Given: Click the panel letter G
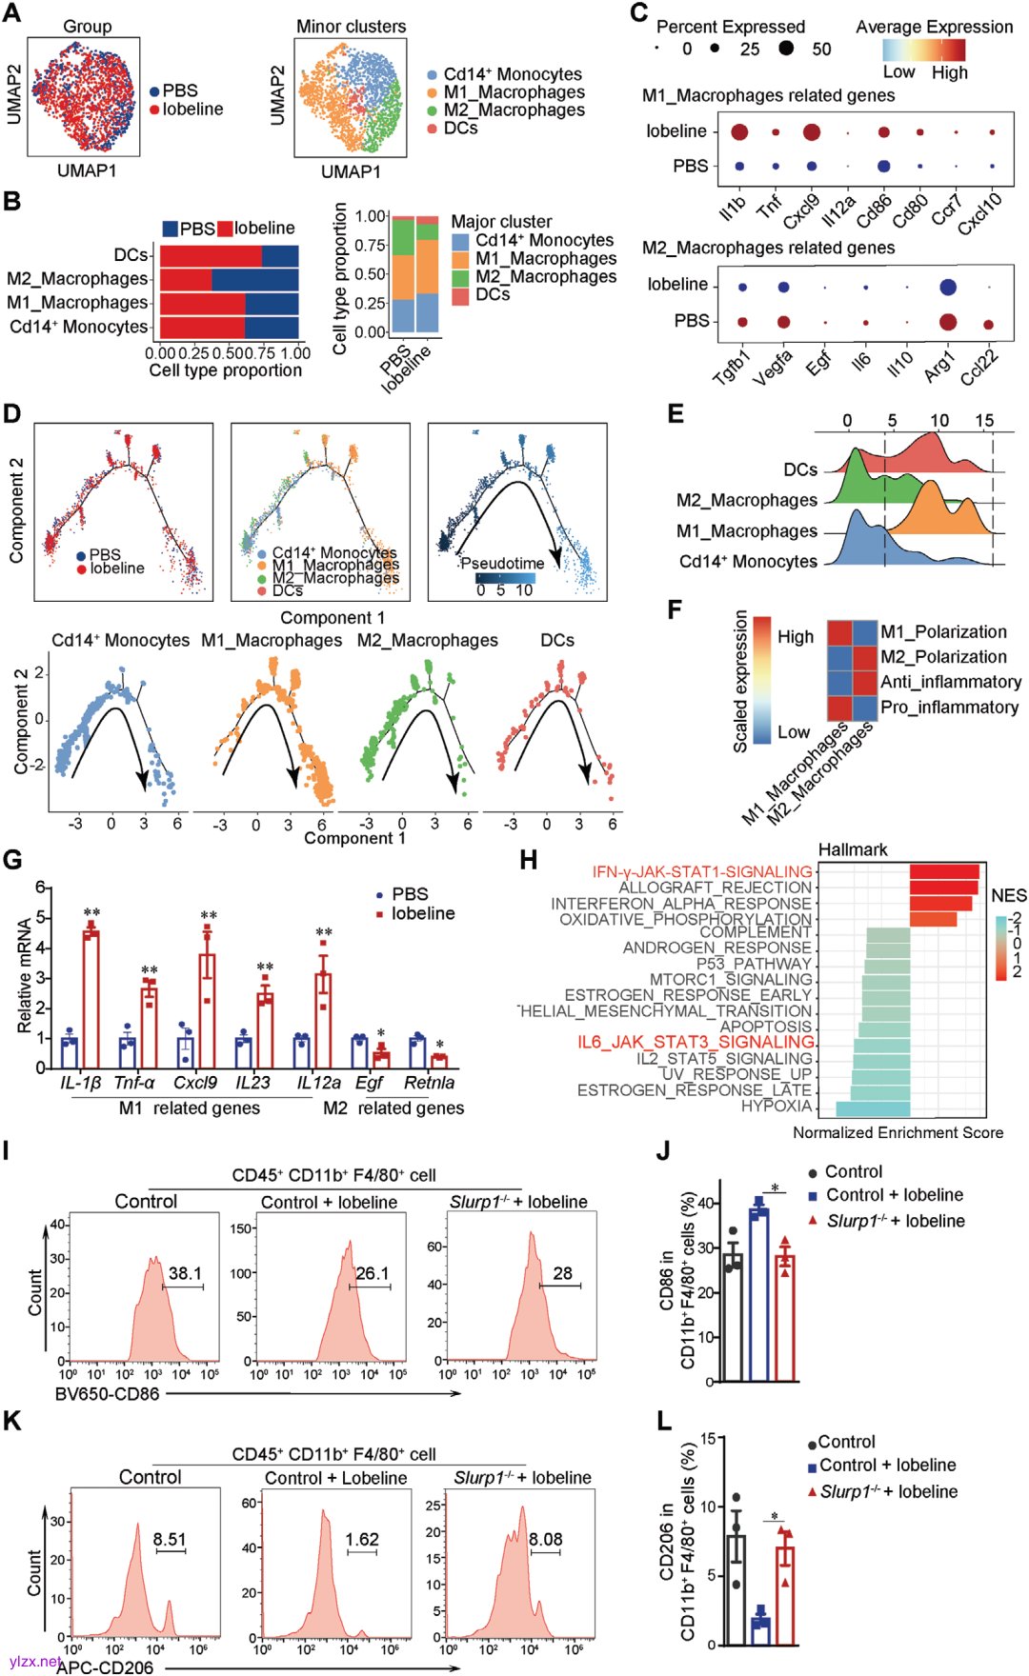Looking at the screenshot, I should click(x=12, y=860).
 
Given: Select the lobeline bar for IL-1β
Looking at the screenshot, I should click(x=91, y=1000).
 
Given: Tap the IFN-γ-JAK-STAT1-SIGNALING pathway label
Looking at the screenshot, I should click(x=702, y=871).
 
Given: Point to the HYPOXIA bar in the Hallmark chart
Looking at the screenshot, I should click(x=873, y=1108).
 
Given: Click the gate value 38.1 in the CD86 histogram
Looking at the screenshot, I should click(x=185, y=1273).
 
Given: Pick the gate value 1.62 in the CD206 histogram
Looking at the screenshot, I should click(x=362, y=1539).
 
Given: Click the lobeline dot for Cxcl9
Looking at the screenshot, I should click(x=811, y=131).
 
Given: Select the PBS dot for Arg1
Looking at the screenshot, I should click(x=947, y=321).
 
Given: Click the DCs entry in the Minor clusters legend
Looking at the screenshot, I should click(x=460, y=128).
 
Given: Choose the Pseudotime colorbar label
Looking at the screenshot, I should click(x=502, y=563).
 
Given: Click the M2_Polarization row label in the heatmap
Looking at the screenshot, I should click(x=943, y=657).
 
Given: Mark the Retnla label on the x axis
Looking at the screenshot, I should click(x=429, y=1083).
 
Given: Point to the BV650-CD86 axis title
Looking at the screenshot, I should click(x=107, y=1394).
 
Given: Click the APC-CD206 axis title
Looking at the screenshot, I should click(x=105, y=1666).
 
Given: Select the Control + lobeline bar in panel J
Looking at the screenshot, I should click(x=758, y=1296).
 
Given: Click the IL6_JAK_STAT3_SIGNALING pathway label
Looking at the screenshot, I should click(x=696, y=1042).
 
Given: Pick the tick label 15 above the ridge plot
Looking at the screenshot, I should click(x=984, y=420).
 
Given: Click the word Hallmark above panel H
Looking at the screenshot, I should click(x=853, y=849).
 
